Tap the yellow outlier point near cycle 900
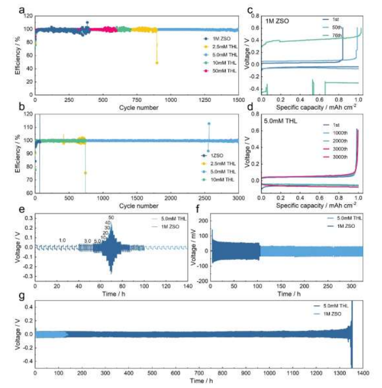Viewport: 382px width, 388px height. click(157, 63)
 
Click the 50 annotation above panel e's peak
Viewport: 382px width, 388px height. click(111, 217)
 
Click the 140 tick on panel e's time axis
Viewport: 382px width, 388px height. click(187, 285)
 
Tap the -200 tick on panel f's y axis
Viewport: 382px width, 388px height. click(202, 280)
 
